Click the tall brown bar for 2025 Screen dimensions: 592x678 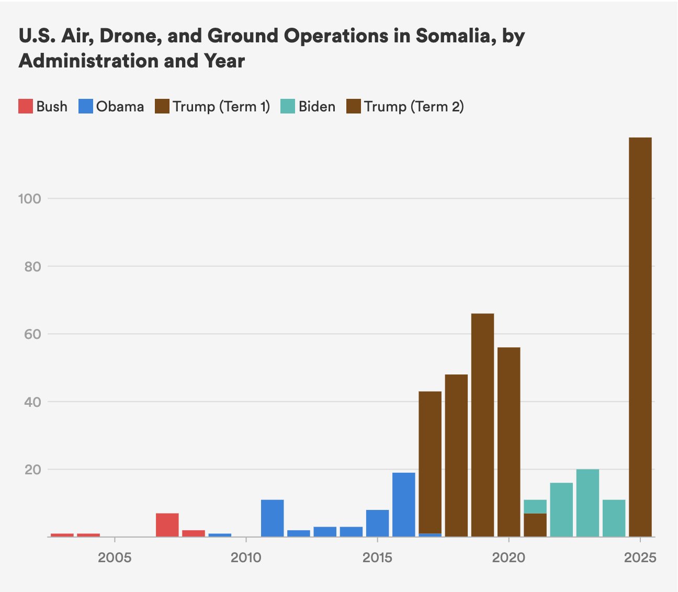click(x=640, y=337)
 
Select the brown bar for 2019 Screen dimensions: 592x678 click(x=482, y=425)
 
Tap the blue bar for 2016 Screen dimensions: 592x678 click(x=403, y=505)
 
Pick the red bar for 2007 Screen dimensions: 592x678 click(x=167, y=525)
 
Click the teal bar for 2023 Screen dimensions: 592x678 click(x=587, y=503)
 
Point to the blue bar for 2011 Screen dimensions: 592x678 click(x=272, y=518)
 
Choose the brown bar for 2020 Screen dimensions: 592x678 click(x=508, y=442)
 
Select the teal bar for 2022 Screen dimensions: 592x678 click(x=561, y=509)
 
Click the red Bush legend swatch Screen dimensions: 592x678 click(x=26, y=107)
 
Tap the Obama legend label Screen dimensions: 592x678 click(x=120, y=107)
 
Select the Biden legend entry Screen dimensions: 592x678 click(x=317, y=107)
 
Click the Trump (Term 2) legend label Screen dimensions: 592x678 click(x=414, y=107)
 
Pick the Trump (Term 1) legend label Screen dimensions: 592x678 click(x=221, y=107)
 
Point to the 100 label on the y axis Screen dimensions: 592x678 click(x=29, y=199)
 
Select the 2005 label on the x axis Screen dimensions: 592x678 click(x=115, y=557)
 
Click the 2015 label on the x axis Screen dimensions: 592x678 click(x=377, y=557)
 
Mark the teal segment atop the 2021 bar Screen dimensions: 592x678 click(x=535, y=506)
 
